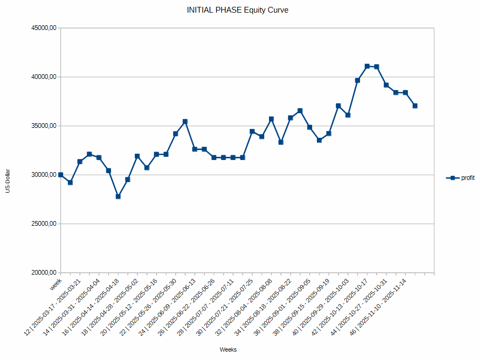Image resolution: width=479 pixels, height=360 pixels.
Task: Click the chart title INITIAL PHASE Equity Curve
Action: coord(237,10)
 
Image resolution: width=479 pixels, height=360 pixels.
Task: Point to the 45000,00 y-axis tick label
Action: coord(44,28)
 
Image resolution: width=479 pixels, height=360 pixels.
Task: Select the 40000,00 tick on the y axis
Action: coord(44,77)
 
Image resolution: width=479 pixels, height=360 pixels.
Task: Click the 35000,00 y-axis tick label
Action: coord(44,126)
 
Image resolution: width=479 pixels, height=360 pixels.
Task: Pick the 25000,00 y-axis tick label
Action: coord(44,224)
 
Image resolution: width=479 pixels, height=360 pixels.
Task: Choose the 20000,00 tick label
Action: coord(44,273)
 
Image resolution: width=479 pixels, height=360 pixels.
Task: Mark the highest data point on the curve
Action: coord(367,66)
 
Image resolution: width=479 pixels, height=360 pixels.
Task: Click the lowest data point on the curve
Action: coord(118,196)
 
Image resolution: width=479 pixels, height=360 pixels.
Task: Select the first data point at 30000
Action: coord(61,175)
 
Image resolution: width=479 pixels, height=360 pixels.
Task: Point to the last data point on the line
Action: coord(415,106)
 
